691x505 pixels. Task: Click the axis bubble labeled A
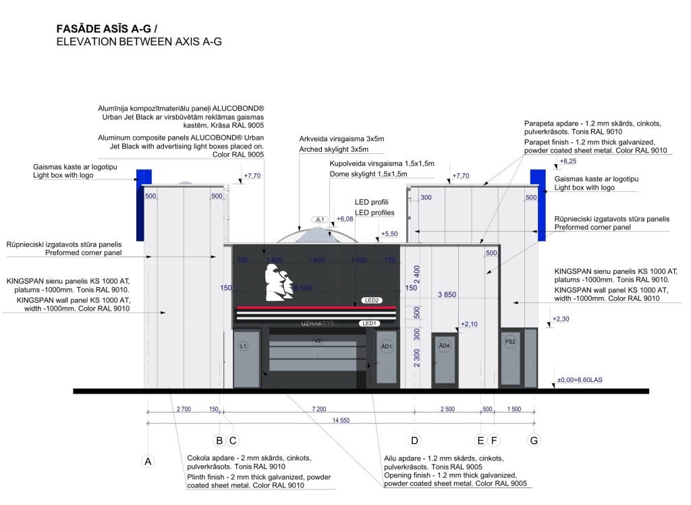coord(147,462)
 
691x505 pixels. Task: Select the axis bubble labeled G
coord(534,441)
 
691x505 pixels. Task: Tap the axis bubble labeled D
coord(414,441)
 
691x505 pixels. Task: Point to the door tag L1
coord(244,346)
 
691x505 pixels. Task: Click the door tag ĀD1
coord(387,346)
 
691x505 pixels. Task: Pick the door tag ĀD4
coord(443,346)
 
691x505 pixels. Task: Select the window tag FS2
coord(510,342)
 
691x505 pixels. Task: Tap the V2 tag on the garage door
coord(318,341)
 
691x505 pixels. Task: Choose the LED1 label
coord(369,323)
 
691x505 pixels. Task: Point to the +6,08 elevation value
coord(344,219)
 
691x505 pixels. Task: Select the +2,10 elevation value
coord(469,324)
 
